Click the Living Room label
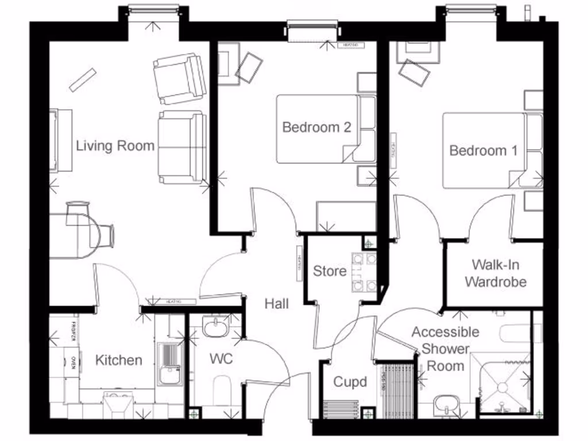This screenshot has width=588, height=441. click(x=115, y=146)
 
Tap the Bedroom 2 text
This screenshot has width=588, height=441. click(x=316, y=127)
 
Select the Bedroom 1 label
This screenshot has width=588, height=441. click(x=483, y=151)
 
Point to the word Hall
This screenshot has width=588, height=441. click(x=276, y=303)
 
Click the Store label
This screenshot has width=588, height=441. click(x=330, y=270)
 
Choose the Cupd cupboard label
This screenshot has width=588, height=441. click(x=350, y=382)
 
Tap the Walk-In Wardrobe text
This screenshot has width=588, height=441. click(x=496, y=273)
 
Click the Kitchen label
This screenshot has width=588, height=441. click(x=118, y=360)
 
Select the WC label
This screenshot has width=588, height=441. click(x=221, y=359)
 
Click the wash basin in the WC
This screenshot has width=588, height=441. click(x=215, y=327)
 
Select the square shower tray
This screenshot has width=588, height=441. click(x=500, y=382)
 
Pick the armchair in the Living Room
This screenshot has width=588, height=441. click(x=179, y=77)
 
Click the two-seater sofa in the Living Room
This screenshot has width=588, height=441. click(x=183, y=147)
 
